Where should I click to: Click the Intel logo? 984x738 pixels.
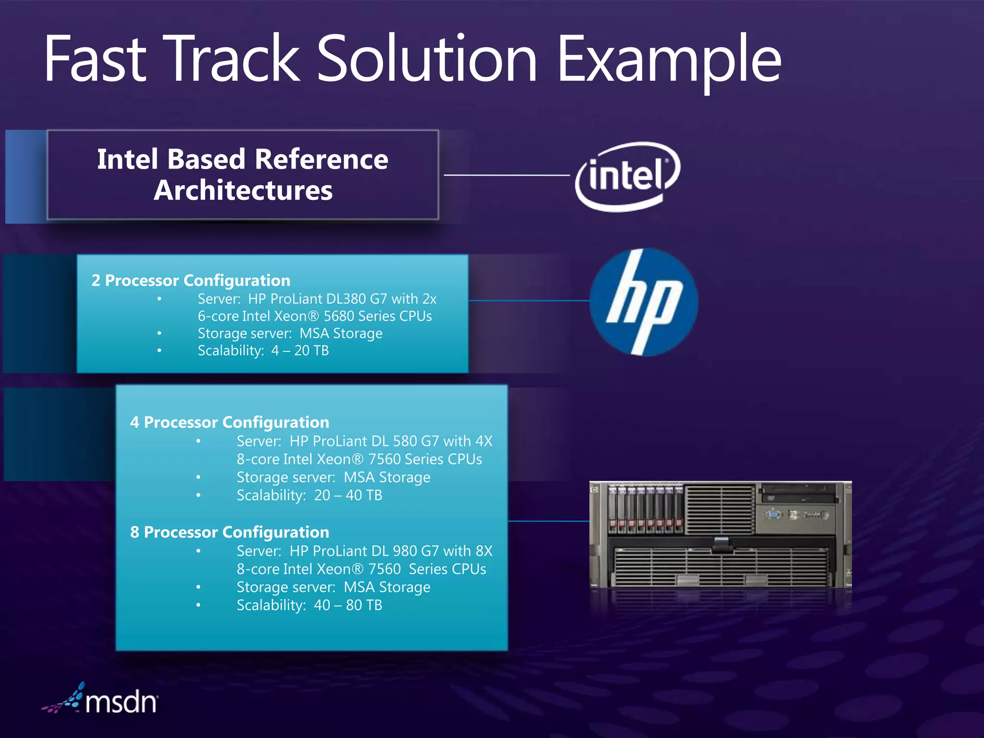(627, 176)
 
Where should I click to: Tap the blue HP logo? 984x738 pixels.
(643, 302)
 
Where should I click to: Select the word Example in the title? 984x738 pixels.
(669, 60)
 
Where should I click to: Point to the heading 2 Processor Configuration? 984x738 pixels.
(191, 280)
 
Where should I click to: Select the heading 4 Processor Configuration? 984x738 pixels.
(230, 422)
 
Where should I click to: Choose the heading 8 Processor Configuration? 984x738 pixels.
(230, 532)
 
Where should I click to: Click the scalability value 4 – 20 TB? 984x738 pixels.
(300, 351)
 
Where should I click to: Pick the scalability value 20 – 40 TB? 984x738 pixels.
(348, 495)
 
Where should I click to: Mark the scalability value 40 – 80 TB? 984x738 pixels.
(348, 605)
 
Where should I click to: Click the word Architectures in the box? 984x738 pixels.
(243, 190)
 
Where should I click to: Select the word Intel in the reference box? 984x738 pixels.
(127, 159)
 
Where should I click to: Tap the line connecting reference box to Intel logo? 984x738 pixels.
(507, 175)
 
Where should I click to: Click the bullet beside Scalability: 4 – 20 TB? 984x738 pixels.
(160, 351)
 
